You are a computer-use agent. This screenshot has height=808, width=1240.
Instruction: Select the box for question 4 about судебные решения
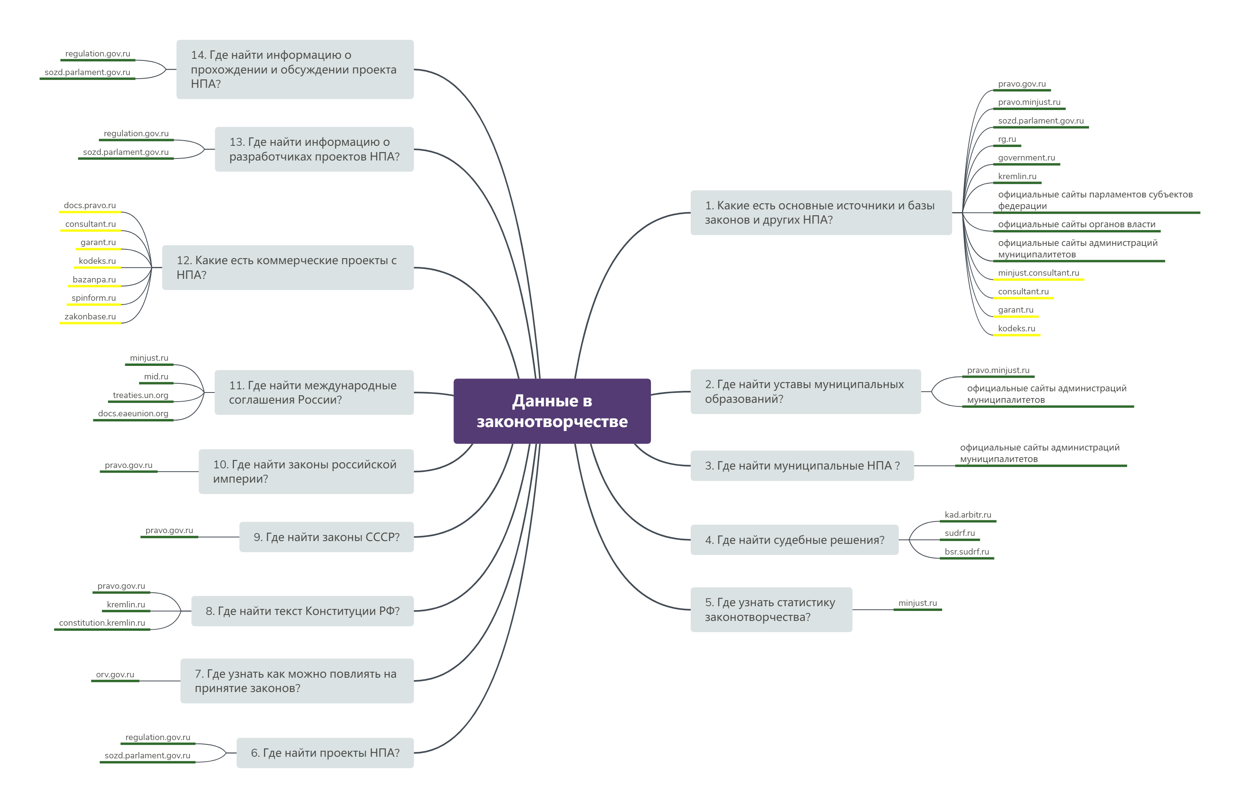[x=794, y=540]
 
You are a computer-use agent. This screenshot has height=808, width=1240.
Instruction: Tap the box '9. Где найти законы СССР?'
[x=326, y=537]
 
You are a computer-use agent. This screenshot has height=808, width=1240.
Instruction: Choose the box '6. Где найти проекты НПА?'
[x=325, y=752]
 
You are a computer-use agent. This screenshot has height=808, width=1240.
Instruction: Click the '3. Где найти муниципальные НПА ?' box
[x=802, y=465]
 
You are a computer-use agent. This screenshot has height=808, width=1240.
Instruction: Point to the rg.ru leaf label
[x=1006, y=139]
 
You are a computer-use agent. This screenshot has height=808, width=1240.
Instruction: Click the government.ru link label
[x=1026, y=157]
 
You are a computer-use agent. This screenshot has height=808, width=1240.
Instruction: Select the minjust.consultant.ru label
[x=1038, y=273]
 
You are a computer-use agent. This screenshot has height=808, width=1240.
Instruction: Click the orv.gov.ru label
[x=115, y=674]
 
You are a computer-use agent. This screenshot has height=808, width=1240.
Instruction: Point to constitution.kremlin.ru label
[x=102, y=622]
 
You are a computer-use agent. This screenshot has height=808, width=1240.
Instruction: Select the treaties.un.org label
[x=140, y=395]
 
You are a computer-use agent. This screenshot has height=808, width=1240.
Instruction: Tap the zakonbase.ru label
[x=90, y=316]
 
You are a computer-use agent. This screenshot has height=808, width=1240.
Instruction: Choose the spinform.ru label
[x=93, y=298]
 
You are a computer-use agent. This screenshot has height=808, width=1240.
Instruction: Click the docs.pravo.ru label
[x=90, y=205]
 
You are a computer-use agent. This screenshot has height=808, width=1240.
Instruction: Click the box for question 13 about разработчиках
[x=314, y=149]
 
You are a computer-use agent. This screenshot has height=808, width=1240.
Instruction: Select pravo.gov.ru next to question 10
[x=128, y=465]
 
